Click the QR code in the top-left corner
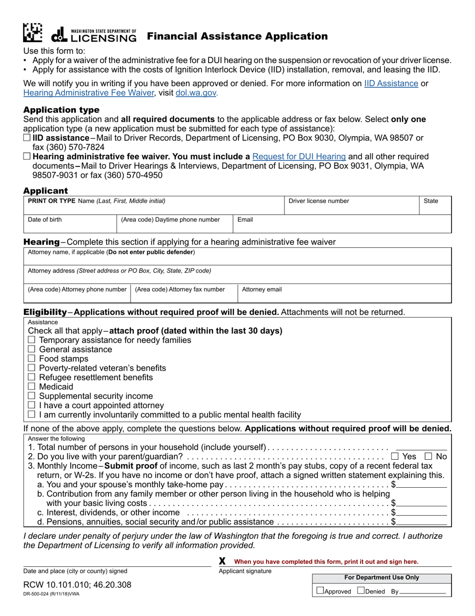(x=33, y=33)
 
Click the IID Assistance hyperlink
(x=391, y=83)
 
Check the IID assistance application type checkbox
(x=27, y=138)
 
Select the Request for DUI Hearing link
(x=299, y=156)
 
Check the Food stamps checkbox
(x=31, y=359)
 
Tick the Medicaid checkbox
(x=31, y=387)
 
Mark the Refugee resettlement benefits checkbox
(x=31, y=378)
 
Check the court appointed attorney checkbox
(x=31, y=405)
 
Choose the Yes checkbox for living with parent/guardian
(x=394, y=456)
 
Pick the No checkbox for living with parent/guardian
(x=428, y=456)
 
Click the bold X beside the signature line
(x=222, y=561)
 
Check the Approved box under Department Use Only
(x=320, y=591)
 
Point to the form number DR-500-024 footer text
(x=50, y=594)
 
